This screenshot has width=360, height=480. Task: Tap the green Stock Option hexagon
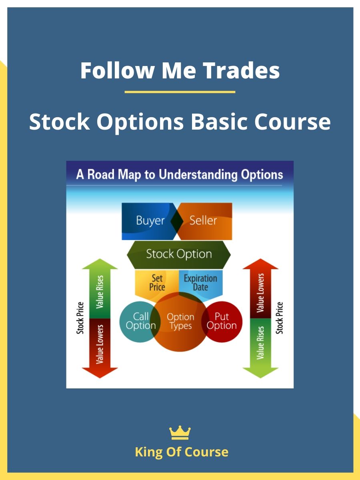(x=179, y=255)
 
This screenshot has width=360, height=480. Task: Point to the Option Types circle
(x=180, y=322)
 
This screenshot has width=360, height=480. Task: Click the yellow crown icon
(x=180, y=432)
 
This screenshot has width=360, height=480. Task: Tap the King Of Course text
(x=182, y=452)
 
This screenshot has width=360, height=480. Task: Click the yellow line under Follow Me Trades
(x=180, y=92)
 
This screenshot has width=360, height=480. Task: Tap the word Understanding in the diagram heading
(x=198, y=175)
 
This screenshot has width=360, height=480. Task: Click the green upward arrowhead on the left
(x=100, y=264)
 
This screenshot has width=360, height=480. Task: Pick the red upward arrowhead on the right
(x=260, y=264)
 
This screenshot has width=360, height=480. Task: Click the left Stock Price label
(x=80, y=318)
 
